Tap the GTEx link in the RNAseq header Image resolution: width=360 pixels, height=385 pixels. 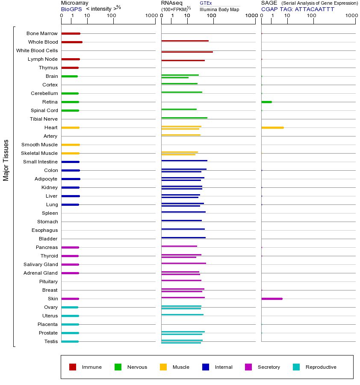206,3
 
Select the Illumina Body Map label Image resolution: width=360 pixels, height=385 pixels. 219,9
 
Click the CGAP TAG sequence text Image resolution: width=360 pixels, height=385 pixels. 298,9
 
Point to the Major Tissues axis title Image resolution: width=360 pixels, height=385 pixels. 6,160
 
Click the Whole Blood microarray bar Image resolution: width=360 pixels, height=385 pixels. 72,42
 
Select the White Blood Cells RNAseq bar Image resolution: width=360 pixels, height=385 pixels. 187,52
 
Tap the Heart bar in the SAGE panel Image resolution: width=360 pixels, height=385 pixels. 272,127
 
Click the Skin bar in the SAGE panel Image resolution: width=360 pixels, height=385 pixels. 272,299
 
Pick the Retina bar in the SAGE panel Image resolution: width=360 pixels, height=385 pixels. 266,102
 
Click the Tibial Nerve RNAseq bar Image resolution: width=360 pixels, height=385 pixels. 184,118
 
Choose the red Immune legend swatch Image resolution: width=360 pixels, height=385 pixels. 73,367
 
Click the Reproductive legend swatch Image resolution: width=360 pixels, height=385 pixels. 296,367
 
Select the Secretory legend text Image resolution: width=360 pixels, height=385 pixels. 269,367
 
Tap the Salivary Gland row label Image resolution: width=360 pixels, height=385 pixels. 41,264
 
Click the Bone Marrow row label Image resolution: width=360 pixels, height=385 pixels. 42,33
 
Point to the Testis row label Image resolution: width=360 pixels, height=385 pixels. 51,341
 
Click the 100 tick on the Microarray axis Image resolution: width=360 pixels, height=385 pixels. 112,16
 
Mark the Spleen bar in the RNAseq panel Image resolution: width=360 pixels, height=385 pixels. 183,212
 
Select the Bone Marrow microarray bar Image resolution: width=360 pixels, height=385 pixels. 71,33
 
